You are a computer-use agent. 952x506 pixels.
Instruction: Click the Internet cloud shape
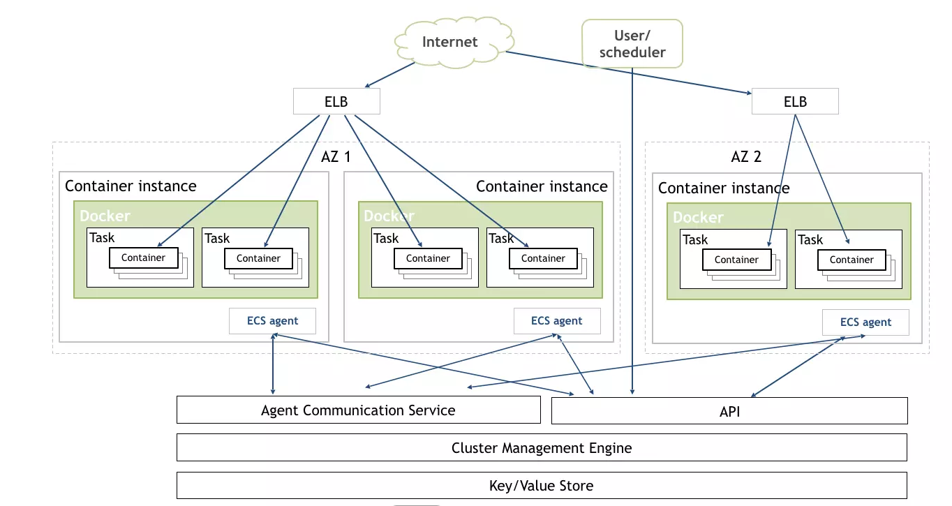click(449, 43)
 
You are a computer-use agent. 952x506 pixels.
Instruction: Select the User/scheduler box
click(632, 43)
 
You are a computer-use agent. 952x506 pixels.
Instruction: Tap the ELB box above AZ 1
click(336, 102)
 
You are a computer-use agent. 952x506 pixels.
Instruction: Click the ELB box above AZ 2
click(795, 102)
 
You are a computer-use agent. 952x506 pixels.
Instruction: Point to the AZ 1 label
click(336, 156)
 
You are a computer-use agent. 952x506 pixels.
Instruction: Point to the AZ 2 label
click(746, 156)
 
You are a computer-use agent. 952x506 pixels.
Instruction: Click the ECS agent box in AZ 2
click(865, 322)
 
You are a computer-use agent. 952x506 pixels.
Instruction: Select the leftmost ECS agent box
click(272, 321)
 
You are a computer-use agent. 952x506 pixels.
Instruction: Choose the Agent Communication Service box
click(358, 410)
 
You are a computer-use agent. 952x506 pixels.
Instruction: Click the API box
click(729, 411)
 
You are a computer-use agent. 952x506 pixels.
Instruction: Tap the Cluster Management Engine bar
click(542, 448)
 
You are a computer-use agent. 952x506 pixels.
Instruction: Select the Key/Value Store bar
click(542, 486)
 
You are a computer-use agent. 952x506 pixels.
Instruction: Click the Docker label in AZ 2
click(698, 217)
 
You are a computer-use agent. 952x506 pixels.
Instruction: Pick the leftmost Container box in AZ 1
click(143, 258)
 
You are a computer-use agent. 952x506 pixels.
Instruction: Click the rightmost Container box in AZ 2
click(851, 260)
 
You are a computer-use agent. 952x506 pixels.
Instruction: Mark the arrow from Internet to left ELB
click(391, 74)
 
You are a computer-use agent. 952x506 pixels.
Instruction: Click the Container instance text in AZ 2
click(724, 188)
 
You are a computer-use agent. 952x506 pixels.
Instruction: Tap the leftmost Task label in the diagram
click(102, 238)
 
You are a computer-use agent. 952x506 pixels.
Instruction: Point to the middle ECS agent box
click(556, 321)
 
